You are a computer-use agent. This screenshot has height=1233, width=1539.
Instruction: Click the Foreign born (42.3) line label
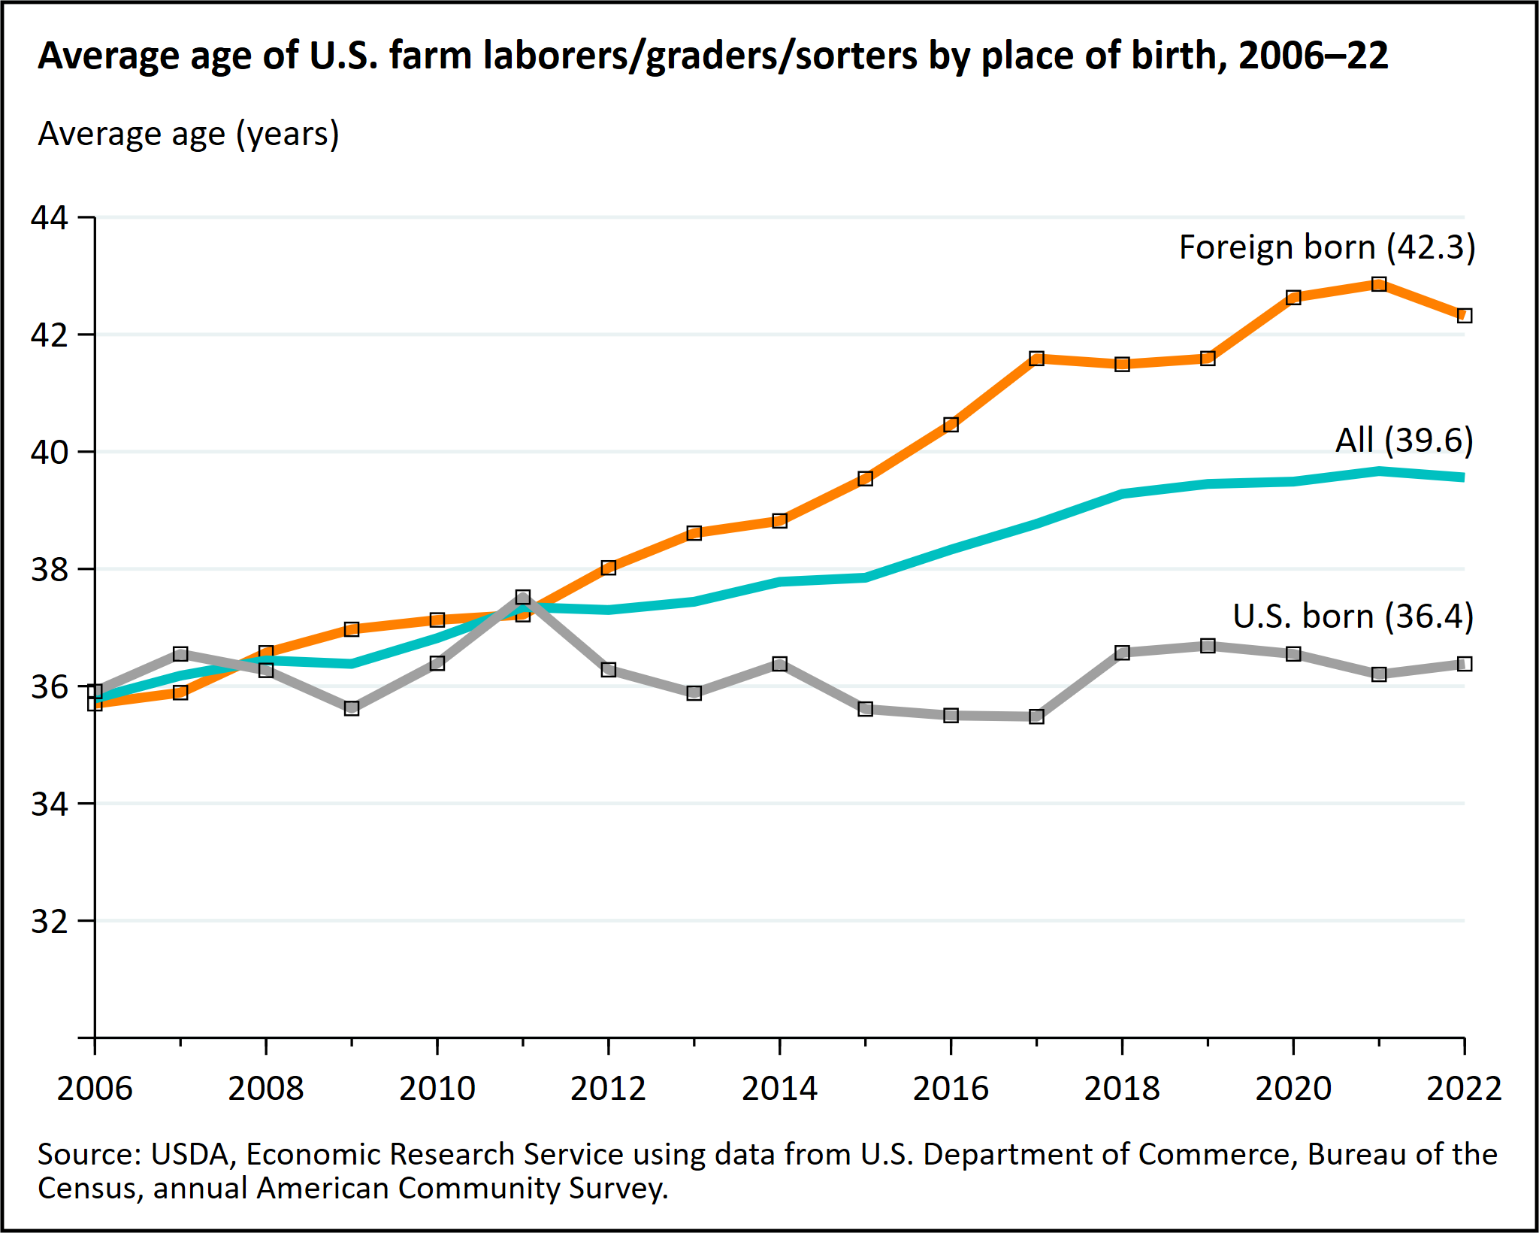pos(1326,247)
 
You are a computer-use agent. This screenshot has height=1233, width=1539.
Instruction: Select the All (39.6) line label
pos(1403,440)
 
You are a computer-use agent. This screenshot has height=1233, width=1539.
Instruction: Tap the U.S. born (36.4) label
pos(1353,616)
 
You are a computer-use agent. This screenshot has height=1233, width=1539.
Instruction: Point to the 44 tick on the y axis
pos(49,217)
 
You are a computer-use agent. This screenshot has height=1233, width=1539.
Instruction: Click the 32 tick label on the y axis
pos(49,921)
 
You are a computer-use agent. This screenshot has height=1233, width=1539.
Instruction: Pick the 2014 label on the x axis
pos(779,1089)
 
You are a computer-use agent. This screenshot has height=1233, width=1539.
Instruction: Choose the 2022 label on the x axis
pos(1463,1089)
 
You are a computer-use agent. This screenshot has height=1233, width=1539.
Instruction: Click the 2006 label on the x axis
pos(95,1089)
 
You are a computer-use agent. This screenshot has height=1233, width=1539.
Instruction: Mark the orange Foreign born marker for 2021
pos(1379,284)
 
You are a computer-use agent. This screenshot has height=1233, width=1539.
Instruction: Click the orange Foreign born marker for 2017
pos(1037,358)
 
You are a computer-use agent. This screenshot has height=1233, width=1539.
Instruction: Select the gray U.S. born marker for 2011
pos(523,598)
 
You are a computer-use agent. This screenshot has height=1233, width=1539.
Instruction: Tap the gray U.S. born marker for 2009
pos(352,708)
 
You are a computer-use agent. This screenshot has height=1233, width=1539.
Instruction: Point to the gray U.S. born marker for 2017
pos(1037,716)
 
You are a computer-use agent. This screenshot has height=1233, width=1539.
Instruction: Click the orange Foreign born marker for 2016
pos(951,425)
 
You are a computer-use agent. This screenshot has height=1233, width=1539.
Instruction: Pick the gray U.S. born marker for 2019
pos(1208,646)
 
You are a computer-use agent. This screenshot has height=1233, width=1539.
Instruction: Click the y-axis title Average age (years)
pos(189,135)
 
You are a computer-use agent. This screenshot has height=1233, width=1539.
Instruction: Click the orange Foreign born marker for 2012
pos(609,568)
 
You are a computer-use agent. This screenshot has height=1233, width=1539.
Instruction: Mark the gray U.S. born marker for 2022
pos(1464,664)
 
